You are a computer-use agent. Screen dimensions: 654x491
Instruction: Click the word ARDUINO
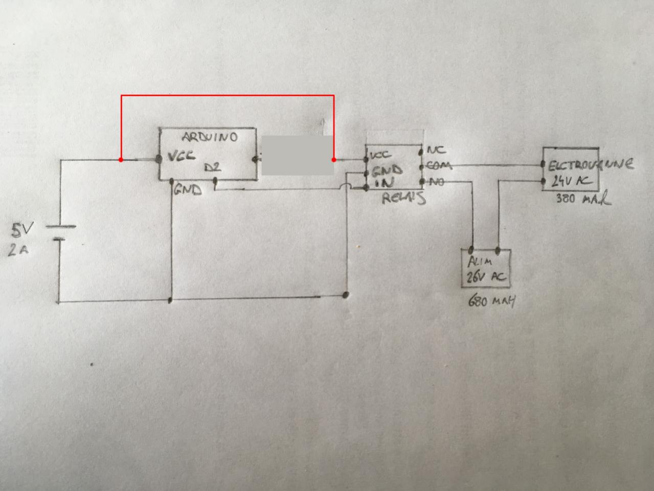click(210, 138)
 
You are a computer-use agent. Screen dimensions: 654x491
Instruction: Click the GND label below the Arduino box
click(187, 190)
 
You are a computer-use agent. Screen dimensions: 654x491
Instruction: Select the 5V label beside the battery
click(21, 231)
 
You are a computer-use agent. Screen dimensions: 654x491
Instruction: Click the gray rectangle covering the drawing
click(298, 156)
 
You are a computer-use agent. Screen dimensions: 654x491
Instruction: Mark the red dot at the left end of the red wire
click(121, 160)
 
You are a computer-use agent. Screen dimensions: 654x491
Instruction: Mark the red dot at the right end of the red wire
click(334, 160)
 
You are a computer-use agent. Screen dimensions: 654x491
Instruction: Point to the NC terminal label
click(436, 150)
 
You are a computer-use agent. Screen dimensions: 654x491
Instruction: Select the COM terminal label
click(439, 165)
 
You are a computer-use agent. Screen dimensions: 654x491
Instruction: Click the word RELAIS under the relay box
click(404, 198)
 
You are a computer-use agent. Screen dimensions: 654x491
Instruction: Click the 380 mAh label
click(583, 198)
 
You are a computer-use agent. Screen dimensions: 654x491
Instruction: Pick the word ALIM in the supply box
click(479, 261)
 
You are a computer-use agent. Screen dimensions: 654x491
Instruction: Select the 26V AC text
click(485, 277)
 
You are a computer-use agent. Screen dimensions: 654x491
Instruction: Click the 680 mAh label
click(491, 301)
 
